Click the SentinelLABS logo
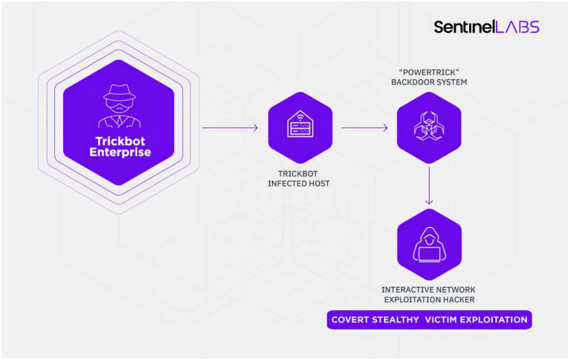pos(487,27)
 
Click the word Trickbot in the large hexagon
pos(120,141)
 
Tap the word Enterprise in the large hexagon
pos(120,152)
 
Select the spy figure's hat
pos(120,93)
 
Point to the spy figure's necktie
pos(120,121)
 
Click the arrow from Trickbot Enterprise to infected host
pos(230,128)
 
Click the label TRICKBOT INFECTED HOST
pos(298,179)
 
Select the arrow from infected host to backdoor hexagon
pos(364,128)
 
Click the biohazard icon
pos(429,126)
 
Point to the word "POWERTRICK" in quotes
pos(429,72)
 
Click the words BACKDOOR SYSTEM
pos(429,82)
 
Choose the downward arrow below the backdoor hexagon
pos(429,186)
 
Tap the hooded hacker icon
pos(430,245)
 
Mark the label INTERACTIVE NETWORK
pos(428,290)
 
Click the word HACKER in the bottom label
pos(460,300)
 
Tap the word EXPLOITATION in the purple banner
pos(494,320)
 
